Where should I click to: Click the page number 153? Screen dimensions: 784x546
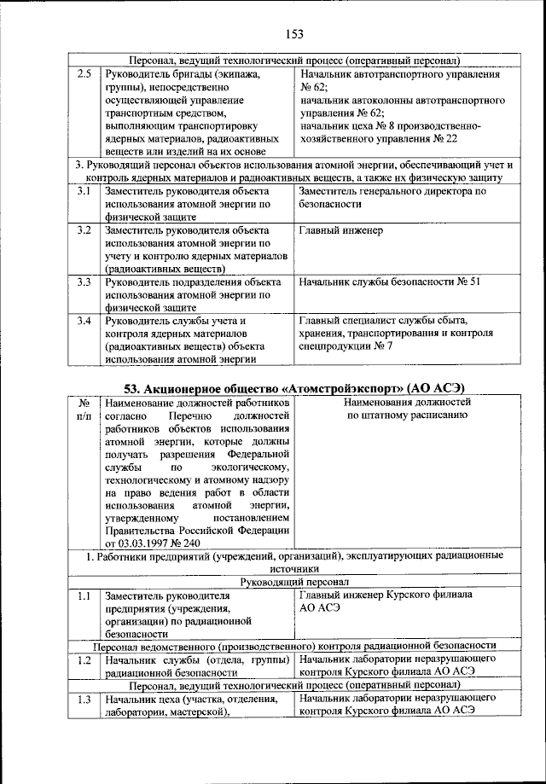[295, 34]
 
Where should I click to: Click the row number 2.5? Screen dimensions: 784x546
[84, 74]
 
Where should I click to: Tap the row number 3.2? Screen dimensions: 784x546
[84, 230]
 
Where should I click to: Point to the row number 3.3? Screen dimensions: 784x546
[84, 282]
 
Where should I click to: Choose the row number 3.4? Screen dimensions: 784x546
[84, 321]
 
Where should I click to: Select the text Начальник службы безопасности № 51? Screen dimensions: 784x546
[391, 282]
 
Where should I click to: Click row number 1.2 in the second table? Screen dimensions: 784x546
[84, 659]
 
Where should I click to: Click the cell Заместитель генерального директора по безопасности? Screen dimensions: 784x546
[392, 198]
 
